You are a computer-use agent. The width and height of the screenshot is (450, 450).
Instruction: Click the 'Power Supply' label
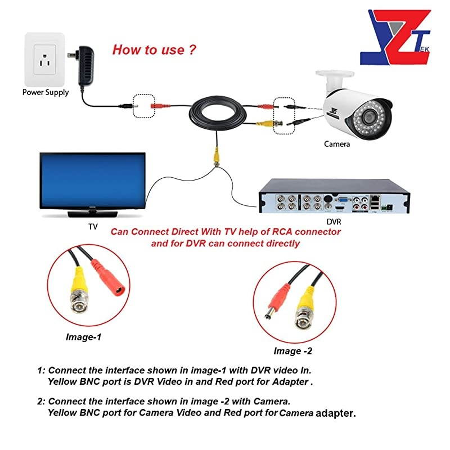pos(46,92)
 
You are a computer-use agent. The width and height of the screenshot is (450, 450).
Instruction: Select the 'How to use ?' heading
pos(154,49)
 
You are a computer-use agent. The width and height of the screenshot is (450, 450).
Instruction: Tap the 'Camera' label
pos(337,144)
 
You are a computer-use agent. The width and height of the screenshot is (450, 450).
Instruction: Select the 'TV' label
pos(93,227)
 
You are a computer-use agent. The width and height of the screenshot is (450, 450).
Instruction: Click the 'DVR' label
pos(335,223)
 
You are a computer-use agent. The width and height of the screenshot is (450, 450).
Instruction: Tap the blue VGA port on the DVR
pos(341,199)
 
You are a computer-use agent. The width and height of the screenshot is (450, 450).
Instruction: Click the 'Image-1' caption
pos(83,337)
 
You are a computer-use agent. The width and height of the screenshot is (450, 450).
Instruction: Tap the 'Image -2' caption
pos(292,352)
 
